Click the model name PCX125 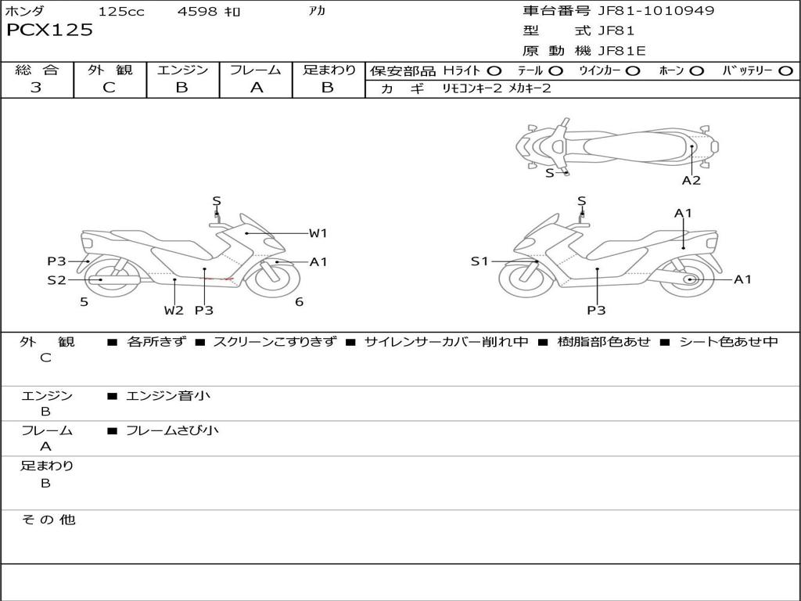coord(49,31)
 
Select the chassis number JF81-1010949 coord(656,11)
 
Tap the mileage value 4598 coord(198,12)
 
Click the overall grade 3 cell coord(36,88)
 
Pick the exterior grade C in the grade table coord(109,88)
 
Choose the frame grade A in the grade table coord(256,88)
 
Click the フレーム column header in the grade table coord(256,70)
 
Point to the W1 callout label coord(318,233)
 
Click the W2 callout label coord(174,311)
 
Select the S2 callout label coord(56,280)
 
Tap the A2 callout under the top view coord(691,181)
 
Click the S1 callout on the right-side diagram coord(480,261)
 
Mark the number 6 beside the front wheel coord(299,302)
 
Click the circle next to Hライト coord(494,70)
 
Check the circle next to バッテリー coord(785,70)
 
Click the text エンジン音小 coord(168,396)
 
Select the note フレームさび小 coord(172,430)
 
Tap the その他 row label coord(48,520)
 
